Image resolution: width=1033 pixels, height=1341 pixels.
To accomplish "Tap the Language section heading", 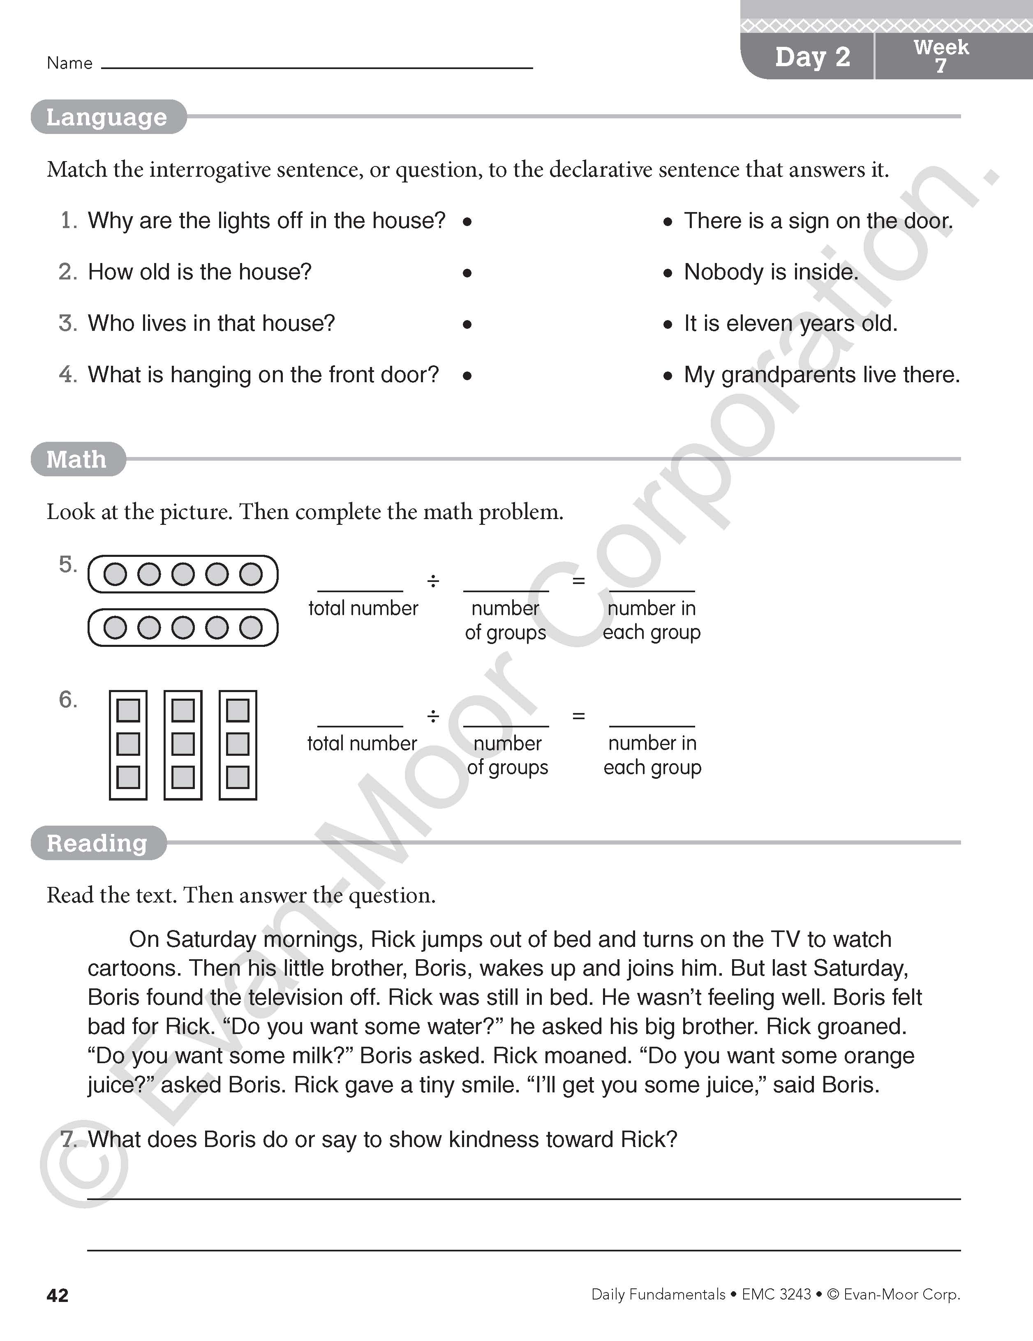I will [x=107, y=117].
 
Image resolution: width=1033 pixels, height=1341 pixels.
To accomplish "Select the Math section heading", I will [x=77, y=459].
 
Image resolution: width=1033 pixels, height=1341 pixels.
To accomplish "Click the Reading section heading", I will [x=97, y=843].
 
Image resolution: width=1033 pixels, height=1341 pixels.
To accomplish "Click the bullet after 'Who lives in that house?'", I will [x=467, y=324].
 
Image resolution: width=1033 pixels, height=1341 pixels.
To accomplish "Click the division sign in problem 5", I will [x=433, y=581].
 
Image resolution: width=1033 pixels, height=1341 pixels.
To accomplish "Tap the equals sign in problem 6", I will [x=578, y=716].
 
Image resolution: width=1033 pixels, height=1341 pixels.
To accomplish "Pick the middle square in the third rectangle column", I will [x=238, y=744].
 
